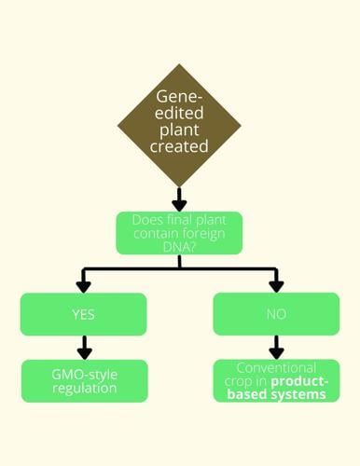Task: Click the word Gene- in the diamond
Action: [179, 101]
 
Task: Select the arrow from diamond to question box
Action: [179, 197]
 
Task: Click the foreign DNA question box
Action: [179, 233]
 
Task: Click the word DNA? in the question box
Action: [179, 250]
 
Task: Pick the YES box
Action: [84, 314]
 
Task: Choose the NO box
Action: [275, 314]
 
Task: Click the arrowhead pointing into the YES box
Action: [84, 286]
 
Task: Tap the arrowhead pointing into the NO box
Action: [275, 286]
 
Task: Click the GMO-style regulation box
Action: [84, 380]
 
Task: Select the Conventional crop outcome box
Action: [275, 380]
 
